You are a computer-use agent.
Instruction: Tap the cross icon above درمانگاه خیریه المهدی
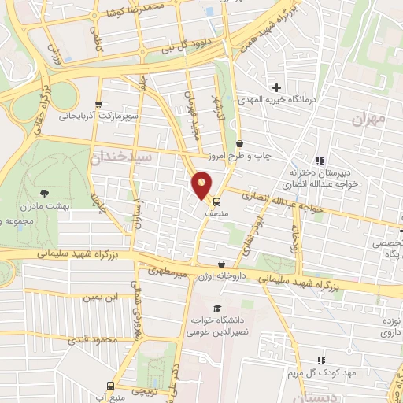(x=276, y=87)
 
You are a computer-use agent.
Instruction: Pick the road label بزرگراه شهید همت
(x=260, y=31)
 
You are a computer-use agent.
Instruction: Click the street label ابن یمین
(x=104, y=298)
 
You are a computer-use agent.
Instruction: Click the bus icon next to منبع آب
(x=110, y=386)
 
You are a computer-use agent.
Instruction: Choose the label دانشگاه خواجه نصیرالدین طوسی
(x=218, y=325)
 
